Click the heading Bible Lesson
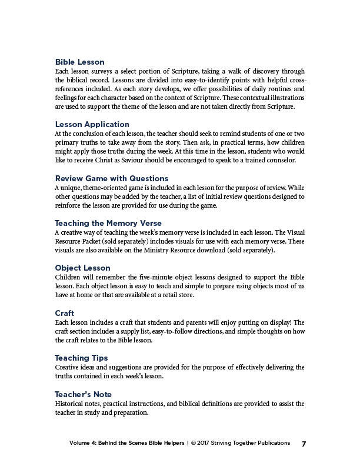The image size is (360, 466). click(x=79, y=62)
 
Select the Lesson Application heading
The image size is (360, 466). click(x=92, y=124)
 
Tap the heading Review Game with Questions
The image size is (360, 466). click(x=112, y=178)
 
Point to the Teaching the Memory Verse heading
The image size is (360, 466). click(x=108, y=223)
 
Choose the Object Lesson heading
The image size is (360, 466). click(x=82, y=268)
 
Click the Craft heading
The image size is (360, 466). click(x=65, y=313)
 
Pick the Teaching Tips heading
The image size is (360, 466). click(x=81, y=358)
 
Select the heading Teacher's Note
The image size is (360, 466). click(x=83, y=394)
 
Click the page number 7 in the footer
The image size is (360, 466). click(x=304, y=444)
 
